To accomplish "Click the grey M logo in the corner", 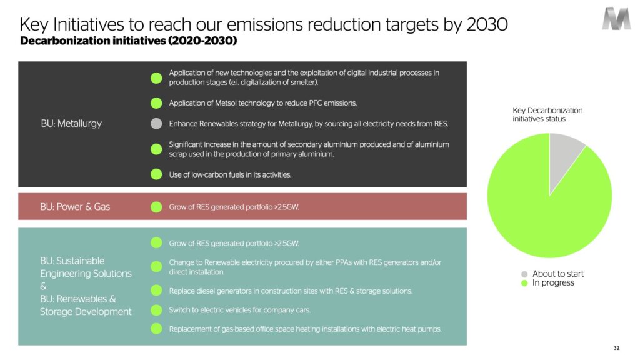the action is coord(616,18).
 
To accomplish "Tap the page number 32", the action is coord(616,348).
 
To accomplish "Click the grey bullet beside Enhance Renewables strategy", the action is coord(156,123).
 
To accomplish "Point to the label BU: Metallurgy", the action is coord(71,123).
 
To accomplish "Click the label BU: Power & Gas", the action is coord(75,206).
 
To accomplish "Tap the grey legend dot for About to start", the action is coord(524,274).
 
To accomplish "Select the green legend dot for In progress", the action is coord(524,283).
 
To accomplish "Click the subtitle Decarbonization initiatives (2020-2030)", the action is coord(129,41).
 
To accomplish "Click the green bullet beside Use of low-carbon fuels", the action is coord(156,174).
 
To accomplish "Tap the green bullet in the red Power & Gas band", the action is coord(156,207).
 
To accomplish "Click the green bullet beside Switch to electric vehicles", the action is coord(156,310).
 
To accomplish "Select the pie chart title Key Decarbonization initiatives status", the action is coord(547,114).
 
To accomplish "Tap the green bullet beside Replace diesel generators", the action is coord(156,291).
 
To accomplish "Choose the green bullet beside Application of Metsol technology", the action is coord(156,103).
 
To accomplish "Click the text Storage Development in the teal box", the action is coord(86,311).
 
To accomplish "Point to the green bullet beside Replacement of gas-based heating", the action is coord(156,329).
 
